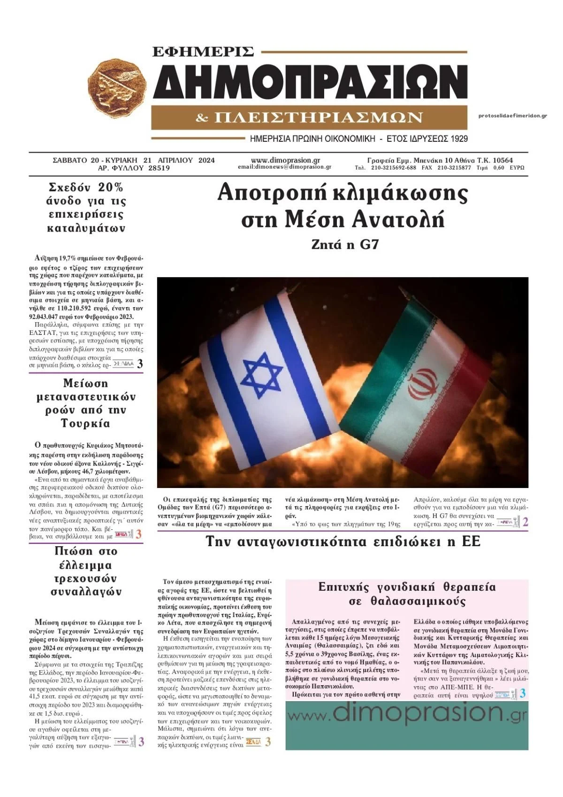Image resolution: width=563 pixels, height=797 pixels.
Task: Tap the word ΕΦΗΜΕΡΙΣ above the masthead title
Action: click(x=203, y=51)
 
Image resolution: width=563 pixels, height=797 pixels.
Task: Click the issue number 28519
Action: click(x=159, y=168)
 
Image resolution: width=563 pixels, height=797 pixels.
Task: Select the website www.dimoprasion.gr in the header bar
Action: click(x=285, y=160)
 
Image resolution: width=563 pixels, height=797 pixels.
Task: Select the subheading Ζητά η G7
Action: click(x=344, y=244)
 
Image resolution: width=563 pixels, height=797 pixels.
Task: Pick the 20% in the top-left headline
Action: click(x=111, y=187)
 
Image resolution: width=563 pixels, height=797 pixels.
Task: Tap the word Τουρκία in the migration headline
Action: click(x=85, y=424)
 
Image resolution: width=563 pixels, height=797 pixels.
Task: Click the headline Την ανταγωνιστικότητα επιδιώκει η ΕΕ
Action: click(x=343, y=542)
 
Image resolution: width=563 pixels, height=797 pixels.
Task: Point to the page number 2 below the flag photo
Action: click(x=525, y=522)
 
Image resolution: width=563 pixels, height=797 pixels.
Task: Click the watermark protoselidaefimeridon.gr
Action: click(x=512, y=116)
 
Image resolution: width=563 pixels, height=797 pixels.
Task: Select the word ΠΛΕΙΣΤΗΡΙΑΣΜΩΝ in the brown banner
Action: click(x=318, y=117)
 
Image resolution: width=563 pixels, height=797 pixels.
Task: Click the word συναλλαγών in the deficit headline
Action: click(x=85, y=592)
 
